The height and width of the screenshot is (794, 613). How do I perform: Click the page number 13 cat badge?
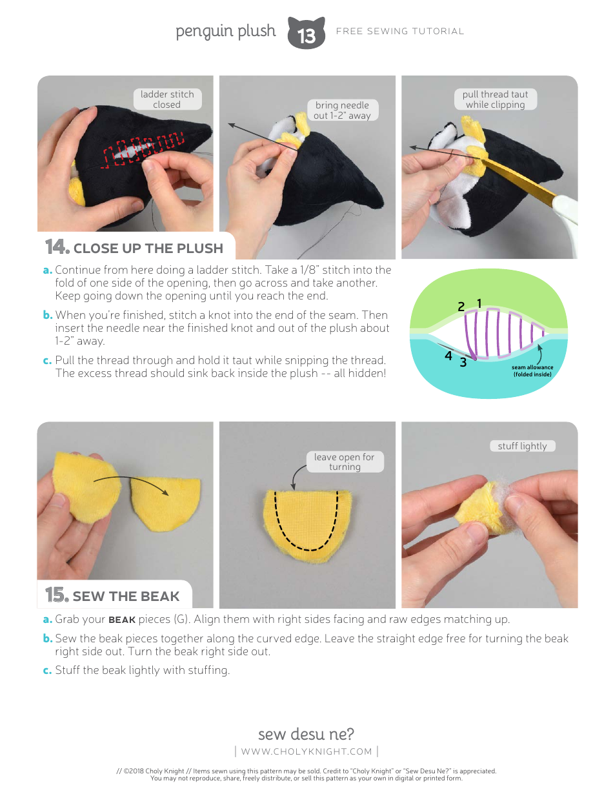coord(306,34)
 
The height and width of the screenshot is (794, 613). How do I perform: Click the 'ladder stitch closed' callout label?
coord(167,99)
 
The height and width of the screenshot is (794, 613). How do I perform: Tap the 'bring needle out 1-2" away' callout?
coord(342,110)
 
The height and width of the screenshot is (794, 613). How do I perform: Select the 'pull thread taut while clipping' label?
coord(495,99)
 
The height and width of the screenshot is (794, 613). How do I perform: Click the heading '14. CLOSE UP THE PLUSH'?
coord(135,248)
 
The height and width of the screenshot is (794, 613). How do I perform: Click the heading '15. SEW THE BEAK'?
coord(113,596)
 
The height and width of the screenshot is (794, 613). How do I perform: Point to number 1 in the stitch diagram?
coord(479,303)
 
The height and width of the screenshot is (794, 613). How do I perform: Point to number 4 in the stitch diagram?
coord(448,356)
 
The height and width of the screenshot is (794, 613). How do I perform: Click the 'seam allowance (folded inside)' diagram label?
coord(533,371)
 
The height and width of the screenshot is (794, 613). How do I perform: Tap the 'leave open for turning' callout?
coord(344,462)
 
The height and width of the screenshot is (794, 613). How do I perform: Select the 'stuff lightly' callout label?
coord(522,446)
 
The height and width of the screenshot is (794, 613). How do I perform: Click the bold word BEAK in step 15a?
coord(122,620)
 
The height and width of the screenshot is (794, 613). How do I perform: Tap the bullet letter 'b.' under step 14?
coord(47,315)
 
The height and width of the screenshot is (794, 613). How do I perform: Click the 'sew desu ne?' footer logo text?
coord(306,734)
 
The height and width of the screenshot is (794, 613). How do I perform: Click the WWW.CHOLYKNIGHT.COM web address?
coord(306,751)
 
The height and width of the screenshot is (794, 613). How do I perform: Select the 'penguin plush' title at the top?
coord(225,31)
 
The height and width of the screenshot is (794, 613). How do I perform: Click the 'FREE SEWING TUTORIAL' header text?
coord(400,31)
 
